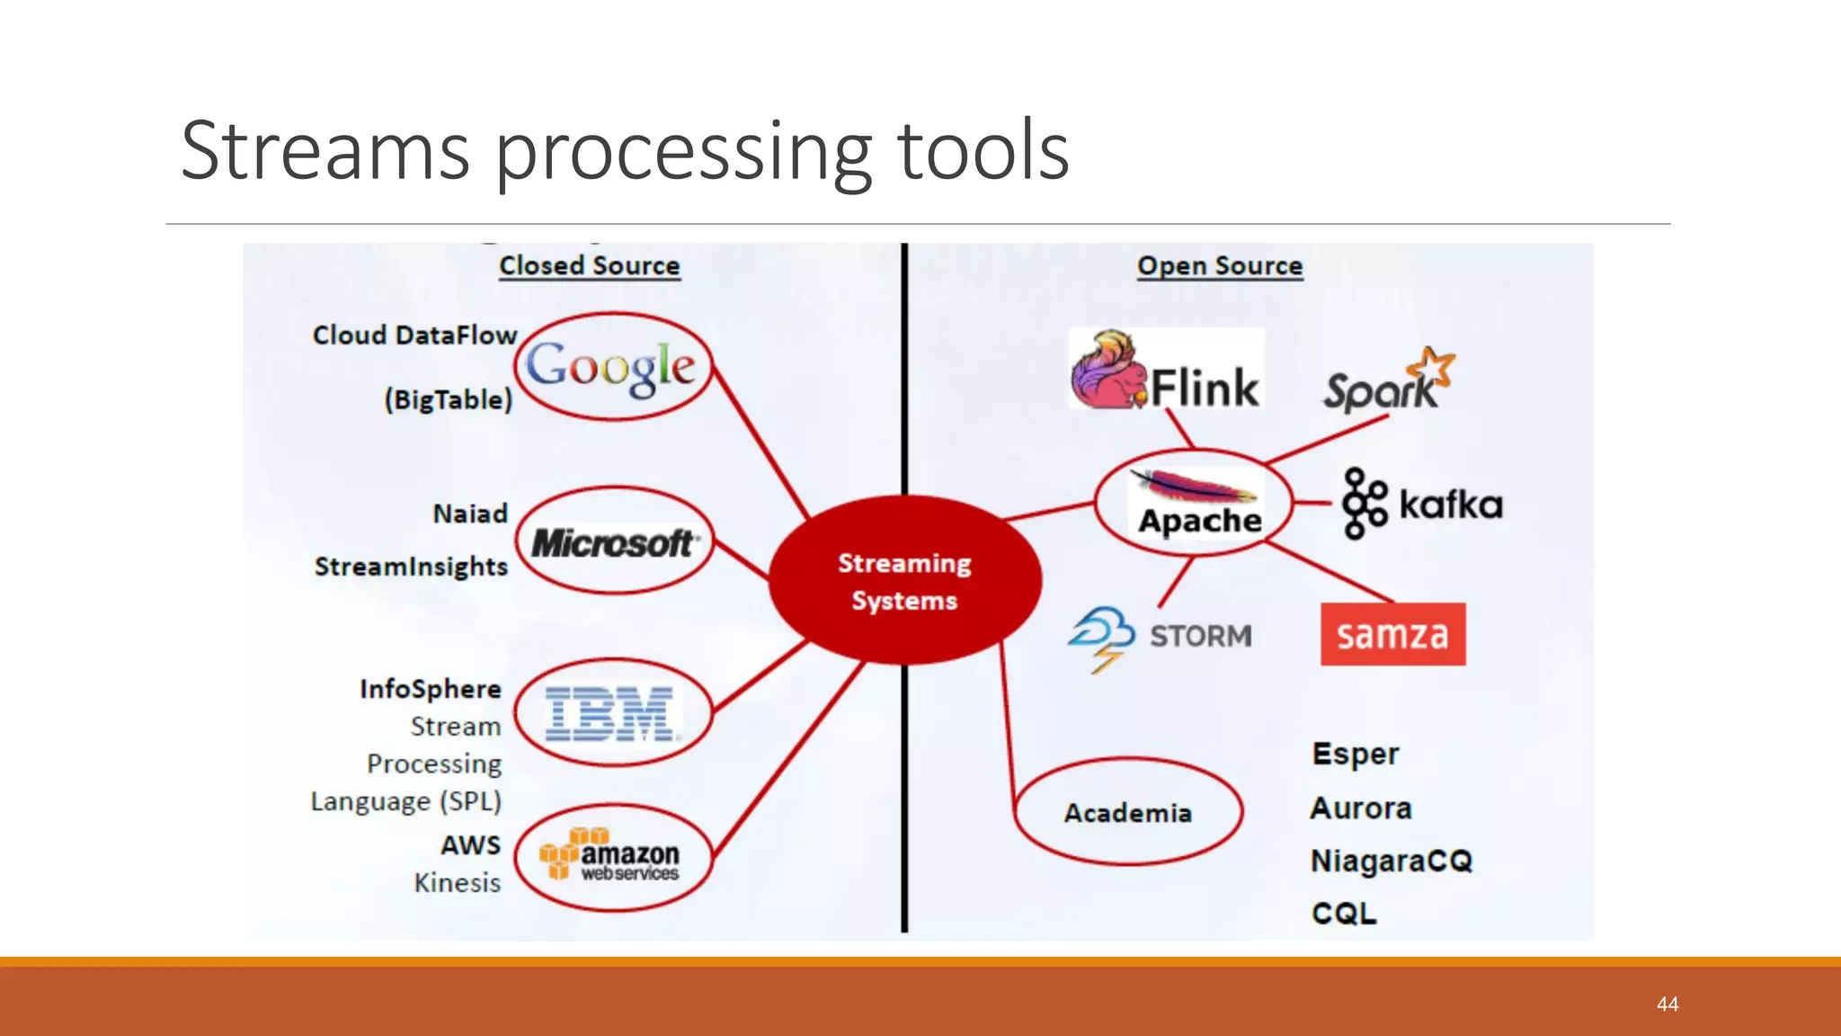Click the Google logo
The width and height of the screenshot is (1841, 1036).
click(x=611, y=367)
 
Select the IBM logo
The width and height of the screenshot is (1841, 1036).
click(x=610, y=714)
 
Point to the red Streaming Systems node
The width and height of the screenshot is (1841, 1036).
click(x=904, y=581)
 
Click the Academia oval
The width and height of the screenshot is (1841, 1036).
click(x=1128, y=812)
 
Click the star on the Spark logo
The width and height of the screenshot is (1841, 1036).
click(x=1432, y=368)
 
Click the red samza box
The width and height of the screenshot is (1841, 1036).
click(x=1392, y=634)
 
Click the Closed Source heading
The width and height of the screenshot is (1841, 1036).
click(x=590, y=266)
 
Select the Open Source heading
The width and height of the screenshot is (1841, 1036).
click(x=1220, y=266)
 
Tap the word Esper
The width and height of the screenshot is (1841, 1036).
click(x=1355, y=754)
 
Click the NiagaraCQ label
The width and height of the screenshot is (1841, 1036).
click(x=1391, y=861)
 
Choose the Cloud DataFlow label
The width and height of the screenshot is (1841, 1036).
click(x=414, y=335)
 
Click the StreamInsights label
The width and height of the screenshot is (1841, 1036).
click(x=411, y=567)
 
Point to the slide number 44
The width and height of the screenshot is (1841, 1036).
click(x=1668, y=1005)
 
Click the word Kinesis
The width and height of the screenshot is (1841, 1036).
click(x=457, y=883)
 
